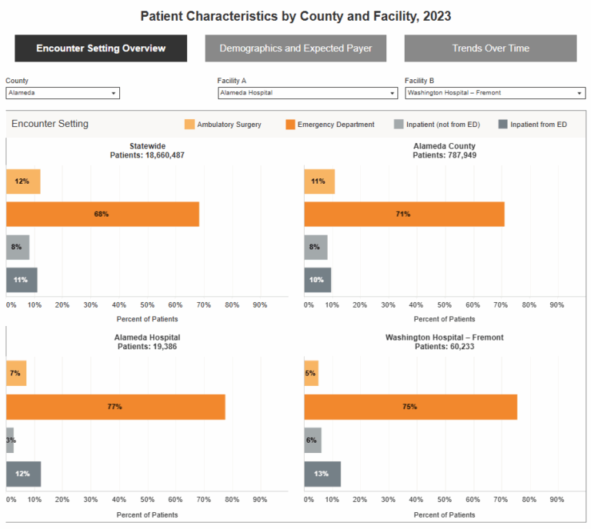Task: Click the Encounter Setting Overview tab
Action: click(101, 48)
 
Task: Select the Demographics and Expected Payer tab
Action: click(295, 48)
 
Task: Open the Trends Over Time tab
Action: click(490, 48)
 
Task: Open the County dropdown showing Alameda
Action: click(62, 93)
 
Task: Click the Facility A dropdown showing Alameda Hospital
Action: click(307, 93)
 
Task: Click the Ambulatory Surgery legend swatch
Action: click(189, 125)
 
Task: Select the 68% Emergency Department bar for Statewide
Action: click(102, 214)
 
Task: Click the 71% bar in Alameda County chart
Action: click(404, 214)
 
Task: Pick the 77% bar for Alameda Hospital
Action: click(115, 407)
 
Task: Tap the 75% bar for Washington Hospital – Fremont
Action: click(410, 407)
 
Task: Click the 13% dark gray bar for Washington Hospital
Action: click(322, 474)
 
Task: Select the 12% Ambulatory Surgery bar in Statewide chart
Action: click(23, 181)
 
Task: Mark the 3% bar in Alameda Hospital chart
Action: click(10, 441)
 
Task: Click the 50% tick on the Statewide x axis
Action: click(146, 305)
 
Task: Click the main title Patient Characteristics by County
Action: click(295, 15)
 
